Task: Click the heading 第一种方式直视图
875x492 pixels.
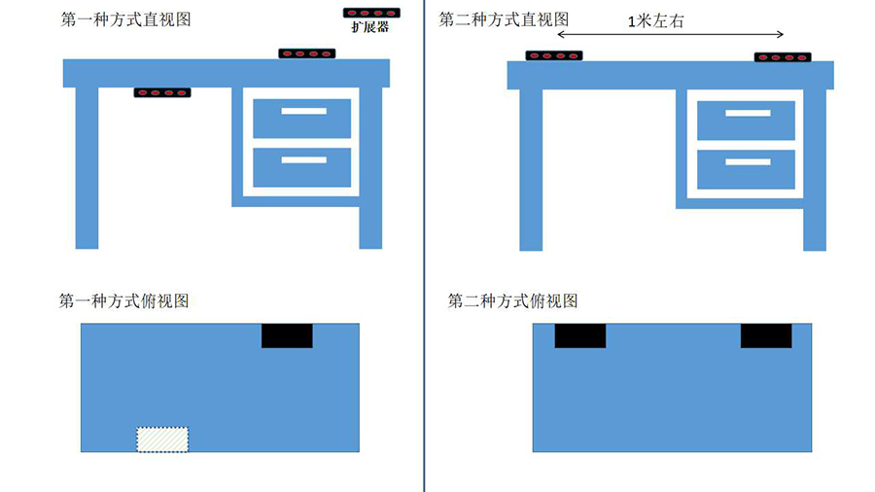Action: coord(125,19)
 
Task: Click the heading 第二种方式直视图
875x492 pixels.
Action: coord(504,19)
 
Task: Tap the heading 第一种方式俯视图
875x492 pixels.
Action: coord(123,301)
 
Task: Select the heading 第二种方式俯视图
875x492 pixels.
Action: coord(512,301)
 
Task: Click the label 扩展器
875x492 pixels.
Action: coord(370,27)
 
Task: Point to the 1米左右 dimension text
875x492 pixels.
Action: coord(655,21)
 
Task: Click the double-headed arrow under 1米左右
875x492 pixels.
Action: coord(670,35)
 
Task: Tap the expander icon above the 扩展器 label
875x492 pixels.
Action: coord(371,13)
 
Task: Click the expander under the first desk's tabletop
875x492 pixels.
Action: coord(162,92)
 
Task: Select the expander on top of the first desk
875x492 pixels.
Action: coord(307,53)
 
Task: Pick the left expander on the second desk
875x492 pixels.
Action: coord(554,55)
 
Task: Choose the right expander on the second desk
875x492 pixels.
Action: coord(783,57)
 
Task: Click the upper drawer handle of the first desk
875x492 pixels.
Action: coord(304,111)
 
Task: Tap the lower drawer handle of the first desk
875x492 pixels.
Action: coord(304,160)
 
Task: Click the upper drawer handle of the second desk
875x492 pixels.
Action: coord(749,113)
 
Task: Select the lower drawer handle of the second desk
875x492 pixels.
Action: coord(749,161)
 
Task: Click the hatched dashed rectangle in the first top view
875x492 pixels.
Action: coord(163,439)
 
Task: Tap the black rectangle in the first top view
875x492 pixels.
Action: coord(288,335)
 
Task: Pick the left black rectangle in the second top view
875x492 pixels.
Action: coord(580,335)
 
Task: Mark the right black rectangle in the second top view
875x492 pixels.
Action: coord(766,335)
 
